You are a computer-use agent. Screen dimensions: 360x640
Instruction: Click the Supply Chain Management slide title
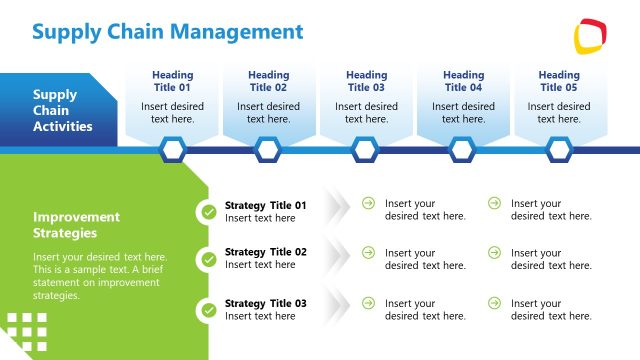pos(167,32)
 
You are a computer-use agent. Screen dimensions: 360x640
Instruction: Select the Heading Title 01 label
pos(172,81)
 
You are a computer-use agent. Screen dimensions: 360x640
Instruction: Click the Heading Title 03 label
pos(366,81)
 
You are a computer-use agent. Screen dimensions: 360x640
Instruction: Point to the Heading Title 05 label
pos(559,81)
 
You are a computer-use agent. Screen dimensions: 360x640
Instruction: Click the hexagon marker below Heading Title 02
pos(267,150)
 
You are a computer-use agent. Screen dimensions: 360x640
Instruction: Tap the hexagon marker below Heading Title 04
pos(462,150)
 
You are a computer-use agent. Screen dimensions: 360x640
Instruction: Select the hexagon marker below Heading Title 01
pos(173,150)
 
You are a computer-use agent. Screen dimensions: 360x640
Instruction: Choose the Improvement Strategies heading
pos(76,225)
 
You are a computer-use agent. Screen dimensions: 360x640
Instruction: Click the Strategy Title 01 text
pos(265,205)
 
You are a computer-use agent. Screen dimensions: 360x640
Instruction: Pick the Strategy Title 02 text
pos(265,252)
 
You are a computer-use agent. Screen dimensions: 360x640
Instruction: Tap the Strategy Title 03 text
pos(265,303)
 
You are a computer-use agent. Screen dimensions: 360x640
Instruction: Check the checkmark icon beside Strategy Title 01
pos(208,212)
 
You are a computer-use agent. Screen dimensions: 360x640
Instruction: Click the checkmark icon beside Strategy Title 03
pos(208,310)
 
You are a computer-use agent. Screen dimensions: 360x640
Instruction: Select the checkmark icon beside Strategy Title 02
pos(208,259)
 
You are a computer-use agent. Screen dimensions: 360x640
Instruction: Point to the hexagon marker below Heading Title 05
pos(559,150)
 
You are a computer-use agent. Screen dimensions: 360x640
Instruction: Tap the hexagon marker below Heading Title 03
pos(365,150)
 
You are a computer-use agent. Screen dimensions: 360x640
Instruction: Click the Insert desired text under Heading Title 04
pos(463,113)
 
